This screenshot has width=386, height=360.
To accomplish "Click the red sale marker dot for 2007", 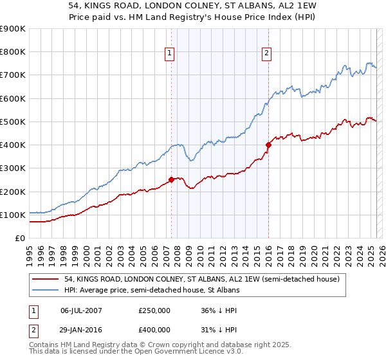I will point(171,179).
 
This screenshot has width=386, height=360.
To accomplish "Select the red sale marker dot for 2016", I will point(268,145).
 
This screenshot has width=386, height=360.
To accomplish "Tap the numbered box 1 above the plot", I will point(169,54).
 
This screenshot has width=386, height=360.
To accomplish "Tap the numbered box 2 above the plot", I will point(266,54).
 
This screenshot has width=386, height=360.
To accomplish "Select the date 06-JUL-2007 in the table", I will point(82,310).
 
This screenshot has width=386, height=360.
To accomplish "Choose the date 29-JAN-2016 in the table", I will point(82,329).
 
